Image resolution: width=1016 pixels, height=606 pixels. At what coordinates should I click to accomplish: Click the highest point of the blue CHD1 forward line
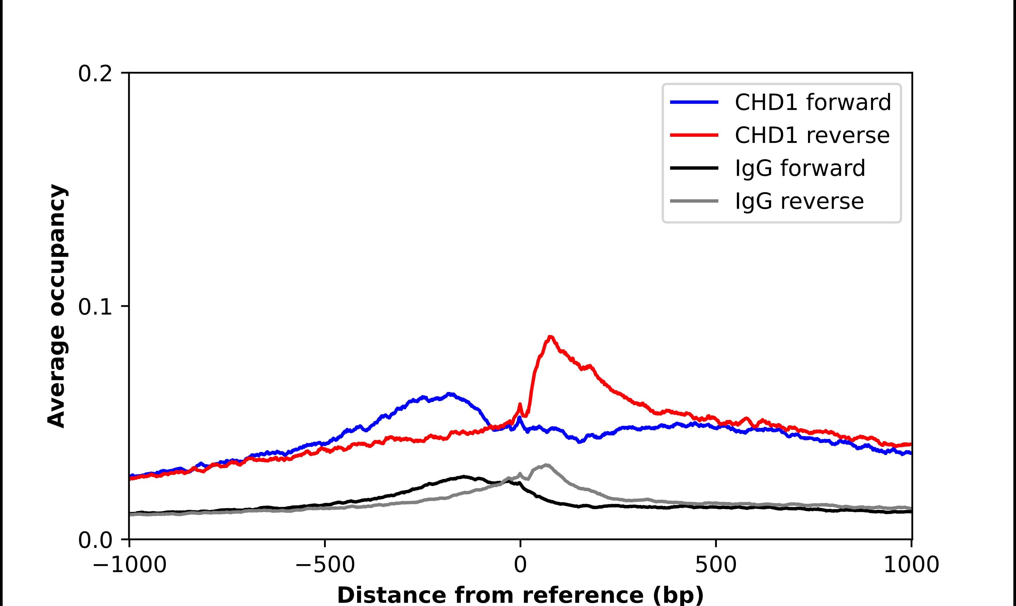tap(449, 394)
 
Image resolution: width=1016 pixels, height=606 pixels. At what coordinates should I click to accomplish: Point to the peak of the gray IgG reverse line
tap(546, 465)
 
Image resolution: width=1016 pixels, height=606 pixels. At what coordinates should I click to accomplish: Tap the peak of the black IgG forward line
tap(464, 476)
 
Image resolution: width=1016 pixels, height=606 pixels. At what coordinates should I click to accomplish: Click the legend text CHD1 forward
tap(813, 102)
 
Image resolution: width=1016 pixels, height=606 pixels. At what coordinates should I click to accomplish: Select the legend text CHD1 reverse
tap(812, 135)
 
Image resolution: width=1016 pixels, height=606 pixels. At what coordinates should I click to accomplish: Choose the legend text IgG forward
tap(800, 168)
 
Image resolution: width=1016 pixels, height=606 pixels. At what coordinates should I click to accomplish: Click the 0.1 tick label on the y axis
tap(95, 307)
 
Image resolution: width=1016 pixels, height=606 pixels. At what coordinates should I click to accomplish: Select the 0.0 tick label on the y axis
tap(95, 540)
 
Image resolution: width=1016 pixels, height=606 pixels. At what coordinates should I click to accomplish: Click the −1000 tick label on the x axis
tap(129, 565)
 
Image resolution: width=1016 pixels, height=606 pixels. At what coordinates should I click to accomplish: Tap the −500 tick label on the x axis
tap(325, 565)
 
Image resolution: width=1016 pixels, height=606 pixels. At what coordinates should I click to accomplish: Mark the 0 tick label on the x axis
tap(520, 565)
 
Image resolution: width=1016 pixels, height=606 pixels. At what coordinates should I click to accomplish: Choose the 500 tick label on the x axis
tap(716, 565)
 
